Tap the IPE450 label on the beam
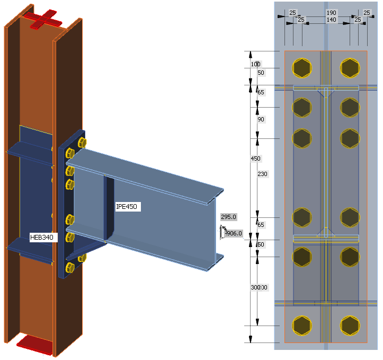[x=128, y=207]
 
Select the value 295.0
[x=228, y=217]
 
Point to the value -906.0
[x=233, y=233]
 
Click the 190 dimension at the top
[x=331, y=13]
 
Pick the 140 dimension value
[x=331, y=20]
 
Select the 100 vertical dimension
[x=255, y=64]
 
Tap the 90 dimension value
[x=261, y=119]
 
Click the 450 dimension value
[x=256, y=159]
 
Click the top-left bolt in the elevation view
[x=301, y=68]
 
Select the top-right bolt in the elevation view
[x=350, y=68]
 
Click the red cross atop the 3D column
[x=46, y=19]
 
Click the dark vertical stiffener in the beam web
[x=109, y=207]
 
